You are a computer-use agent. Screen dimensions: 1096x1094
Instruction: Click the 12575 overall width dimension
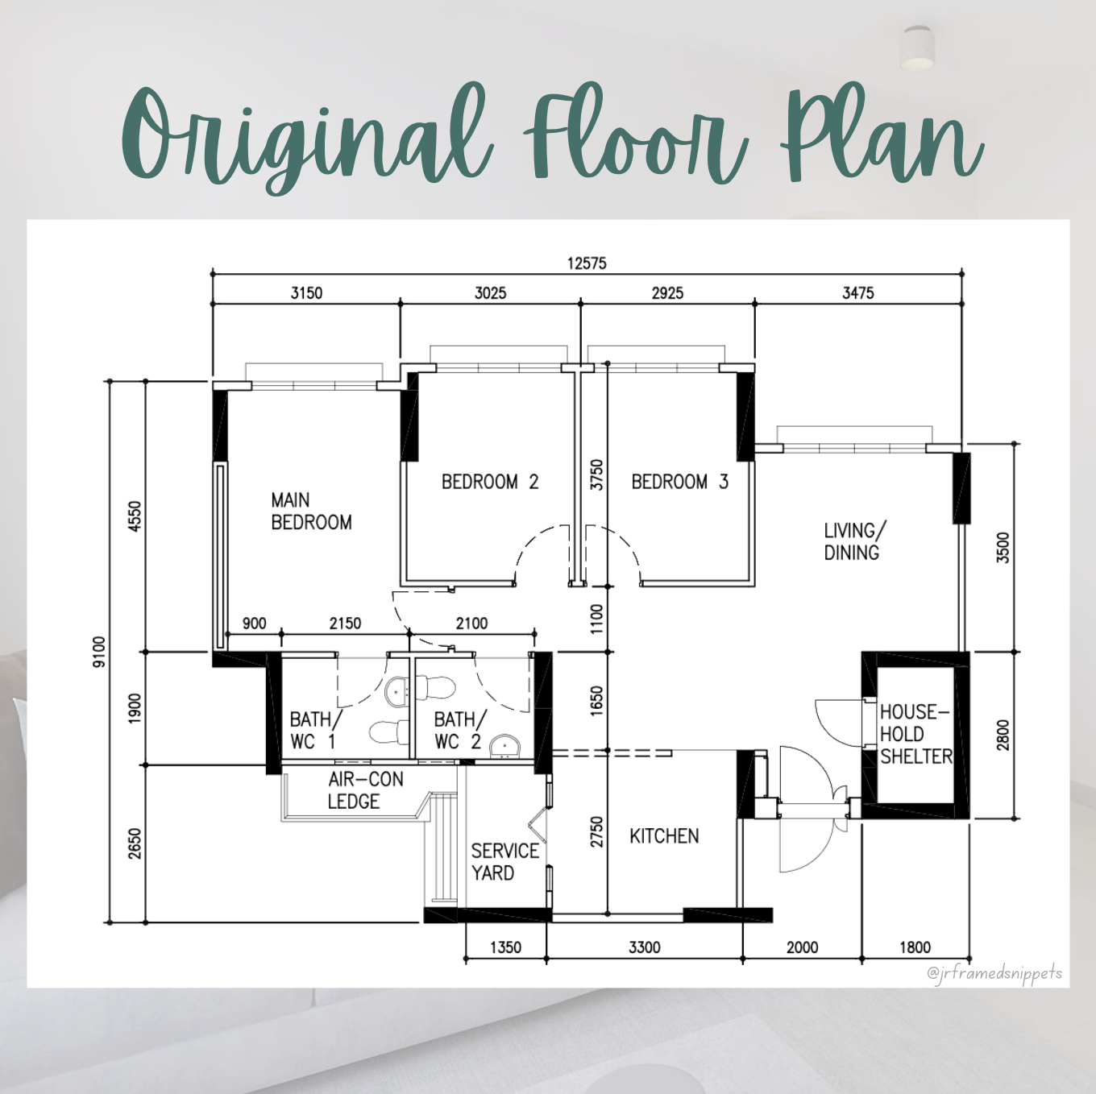coord(587,263)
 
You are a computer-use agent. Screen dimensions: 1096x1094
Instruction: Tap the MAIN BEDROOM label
coord(311,512)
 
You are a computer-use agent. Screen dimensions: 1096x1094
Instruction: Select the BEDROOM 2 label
coord(490,483)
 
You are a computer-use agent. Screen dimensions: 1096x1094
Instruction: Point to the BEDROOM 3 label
coord(679,483)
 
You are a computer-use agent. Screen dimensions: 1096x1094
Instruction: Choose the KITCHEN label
coord(664,836)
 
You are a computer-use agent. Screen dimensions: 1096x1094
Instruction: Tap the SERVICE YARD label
coord(505,861)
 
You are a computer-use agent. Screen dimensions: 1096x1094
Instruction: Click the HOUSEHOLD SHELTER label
coord(916,734)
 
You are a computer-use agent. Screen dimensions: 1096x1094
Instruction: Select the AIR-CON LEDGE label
coord(366,790)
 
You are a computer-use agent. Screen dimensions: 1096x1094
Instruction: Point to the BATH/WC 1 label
coord(314,730)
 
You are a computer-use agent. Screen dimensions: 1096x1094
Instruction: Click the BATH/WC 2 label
coord(459,730)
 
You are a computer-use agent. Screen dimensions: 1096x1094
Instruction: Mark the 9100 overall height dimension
coord(99,652)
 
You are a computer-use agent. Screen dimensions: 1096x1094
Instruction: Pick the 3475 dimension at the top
coord(857,293)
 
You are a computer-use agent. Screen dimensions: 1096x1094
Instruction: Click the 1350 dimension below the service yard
coord(505,947)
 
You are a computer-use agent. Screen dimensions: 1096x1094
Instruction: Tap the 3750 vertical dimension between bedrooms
coord(596,474)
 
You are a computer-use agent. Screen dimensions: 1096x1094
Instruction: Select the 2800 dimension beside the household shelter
coord(1003,735)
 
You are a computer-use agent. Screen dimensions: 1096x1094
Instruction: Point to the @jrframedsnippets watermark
coord(994,973)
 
